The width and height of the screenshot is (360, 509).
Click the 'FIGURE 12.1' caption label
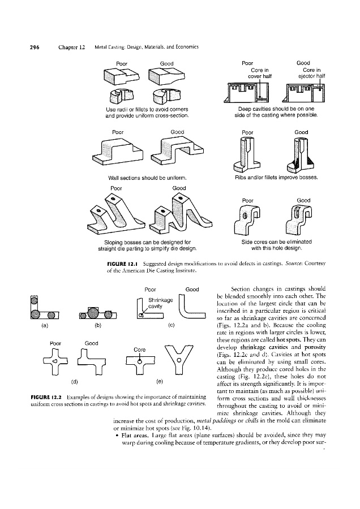pyautogui.click(x=123, y=264)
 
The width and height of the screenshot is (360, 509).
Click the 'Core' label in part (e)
pyautogui.click(x=139, y=349)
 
